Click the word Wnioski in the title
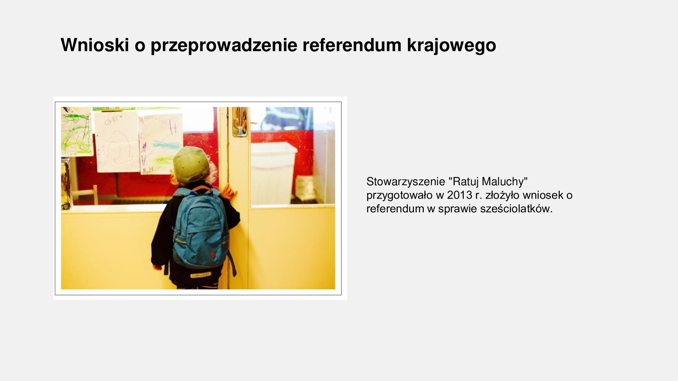pos(95,45)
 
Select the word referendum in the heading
pos(352,45)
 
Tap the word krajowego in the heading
pos(451,45)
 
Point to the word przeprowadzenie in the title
pos(224,45)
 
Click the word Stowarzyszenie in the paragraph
pos(405,182)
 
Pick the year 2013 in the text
pos(459,195)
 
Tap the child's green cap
pos(191,164)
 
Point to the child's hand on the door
pos(230,193)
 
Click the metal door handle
pos(240,122)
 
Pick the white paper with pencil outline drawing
pos(117,141)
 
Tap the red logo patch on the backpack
pos(213,254)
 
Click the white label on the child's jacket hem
pos(201,275)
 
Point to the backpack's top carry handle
pos(202,189)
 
